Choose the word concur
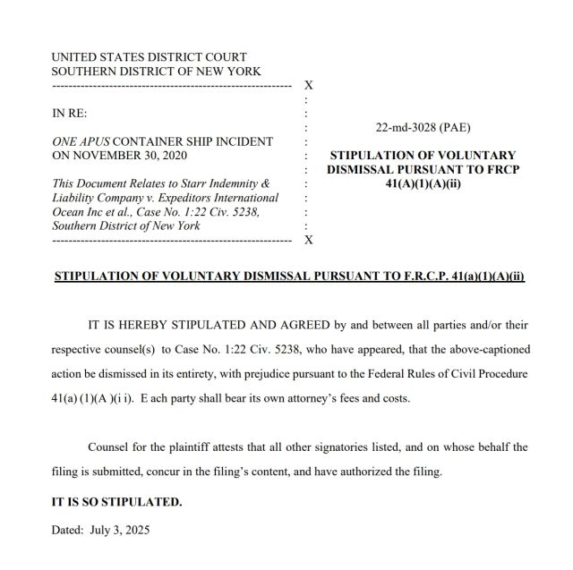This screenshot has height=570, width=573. (x=201, y=471)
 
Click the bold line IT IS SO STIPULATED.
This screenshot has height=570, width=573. (x=116, y=502)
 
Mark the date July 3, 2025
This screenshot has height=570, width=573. (x=120, y=529)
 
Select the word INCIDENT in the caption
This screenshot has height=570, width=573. (x=244, y=141)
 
